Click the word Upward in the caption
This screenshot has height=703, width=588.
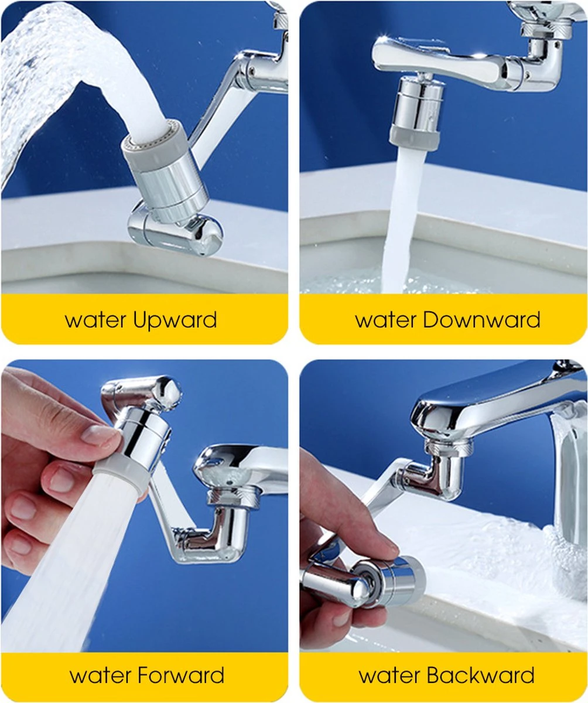click(x=175, y=320)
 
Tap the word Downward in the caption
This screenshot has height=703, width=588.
click(x=481, y=319)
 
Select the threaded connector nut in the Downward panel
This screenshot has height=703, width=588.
click(x=546, y=30)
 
